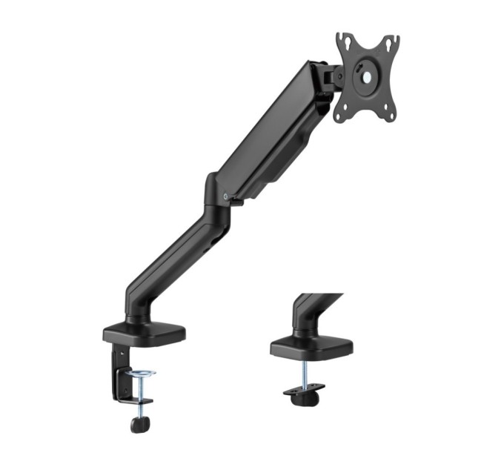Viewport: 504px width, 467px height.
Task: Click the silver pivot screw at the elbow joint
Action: (x=225, y=196)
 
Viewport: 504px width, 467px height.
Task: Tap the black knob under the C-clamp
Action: (x=138, y=424)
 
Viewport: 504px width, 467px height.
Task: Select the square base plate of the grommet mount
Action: (x=312, y=345)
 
